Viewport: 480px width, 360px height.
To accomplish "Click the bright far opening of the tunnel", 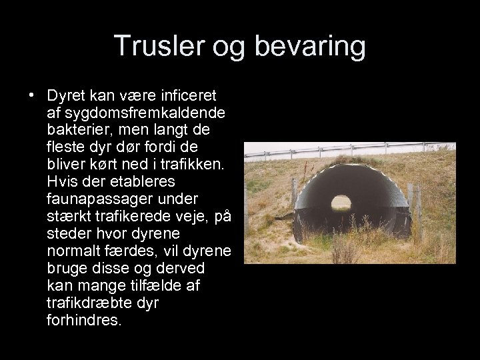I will (341, 201).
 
